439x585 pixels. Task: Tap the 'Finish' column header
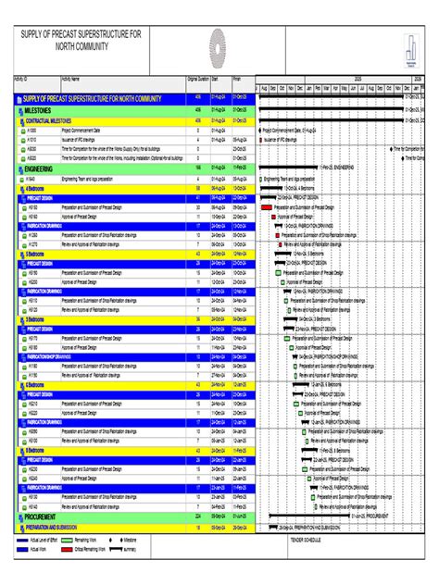(238, 80)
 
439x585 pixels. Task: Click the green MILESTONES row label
(37, 109)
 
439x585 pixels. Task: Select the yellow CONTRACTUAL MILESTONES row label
(50, 120)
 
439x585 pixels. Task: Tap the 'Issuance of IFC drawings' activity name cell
(83, 140)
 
